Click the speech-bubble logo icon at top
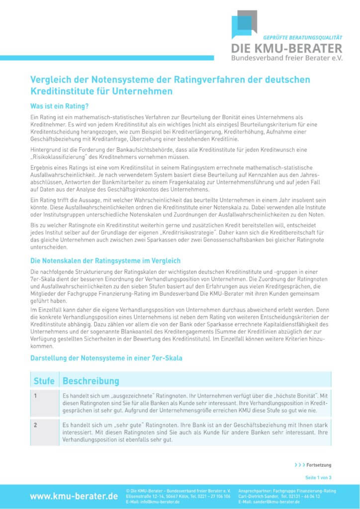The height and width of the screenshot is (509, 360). (x=244, y=23)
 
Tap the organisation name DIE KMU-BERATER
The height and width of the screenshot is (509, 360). (x=287, y=48)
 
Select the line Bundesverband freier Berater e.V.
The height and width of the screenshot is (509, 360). (x=287, y=58)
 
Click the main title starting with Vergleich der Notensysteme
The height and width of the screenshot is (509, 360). (x=170, y=85)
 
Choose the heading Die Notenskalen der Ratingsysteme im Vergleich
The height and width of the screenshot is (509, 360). (x=105, y=260)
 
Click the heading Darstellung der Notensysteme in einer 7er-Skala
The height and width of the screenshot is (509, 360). (x=106, y=357)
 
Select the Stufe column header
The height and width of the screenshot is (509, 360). (x=44, y=381)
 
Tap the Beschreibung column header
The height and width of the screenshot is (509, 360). (x=90, y=381)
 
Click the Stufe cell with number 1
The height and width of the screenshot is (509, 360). (x=36, y=396)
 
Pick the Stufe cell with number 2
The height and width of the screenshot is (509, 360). (x=36, y=425)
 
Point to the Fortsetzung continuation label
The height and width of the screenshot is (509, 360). (x=318, y=465)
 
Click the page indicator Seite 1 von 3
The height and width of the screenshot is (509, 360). (x=318, y=477)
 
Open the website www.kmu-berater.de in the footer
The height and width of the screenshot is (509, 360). (x=74, y=496)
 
